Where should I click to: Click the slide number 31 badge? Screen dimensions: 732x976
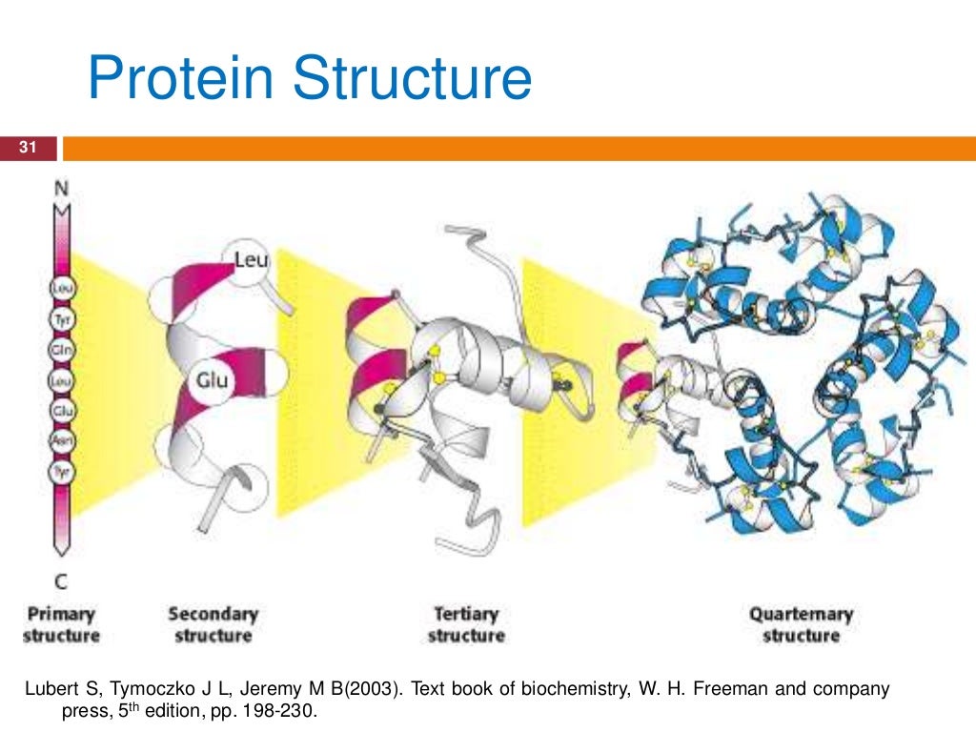[28, 148]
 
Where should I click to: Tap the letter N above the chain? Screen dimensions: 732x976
[61, 189]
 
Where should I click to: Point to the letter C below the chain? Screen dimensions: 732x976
[61, 579]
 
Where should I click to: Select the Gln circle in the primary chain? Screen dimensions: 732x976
[61, 353]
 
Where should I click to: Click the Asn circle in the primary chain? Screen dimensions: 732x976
[61, 441]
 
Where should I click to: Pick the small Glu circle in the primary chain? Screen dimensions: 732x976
[61, 412]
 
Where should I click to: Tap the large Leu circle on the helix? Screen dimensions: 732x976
[250, 257]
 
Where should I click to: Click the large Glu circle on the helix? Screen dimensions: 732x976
[213, 380]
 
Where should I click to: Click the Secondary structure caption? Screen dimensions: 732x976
[213, 624]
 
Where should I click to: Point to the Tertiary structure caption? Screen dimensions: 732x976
[466, 624]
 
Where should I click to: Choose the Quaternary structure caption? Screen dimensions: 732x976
[801, 624]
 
